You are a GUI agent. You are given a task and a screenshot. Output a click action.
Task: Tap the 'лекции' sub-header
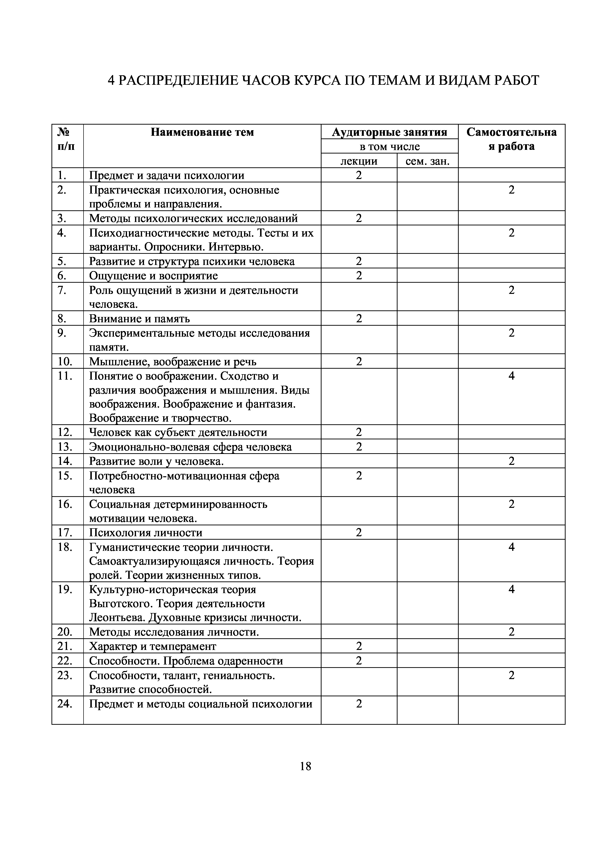359,161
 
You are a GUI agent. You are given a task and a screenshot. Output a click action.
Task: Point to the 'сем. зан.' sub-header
427,161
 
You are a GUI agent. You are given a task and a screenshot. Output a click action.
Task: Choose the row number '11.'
65,376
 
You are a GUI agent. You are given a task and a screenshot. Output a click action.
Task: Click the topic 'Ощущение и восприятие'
153,275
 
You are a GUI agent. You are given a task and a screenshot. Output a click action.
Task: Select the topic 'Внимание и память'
139,318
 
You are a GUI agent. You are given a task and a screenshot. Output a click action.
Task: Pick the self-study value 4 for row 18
511,547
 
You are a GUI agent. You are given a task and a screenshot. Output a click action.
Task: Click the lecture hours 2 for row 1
359,175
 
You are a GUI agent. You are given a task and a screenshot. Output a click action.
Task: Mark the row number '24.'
65,704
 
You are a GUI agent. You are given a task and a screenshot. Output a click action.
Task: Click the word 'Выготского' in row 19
119,604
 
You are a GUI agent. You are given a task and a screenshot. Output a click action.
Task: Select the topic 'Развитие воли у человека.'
156,461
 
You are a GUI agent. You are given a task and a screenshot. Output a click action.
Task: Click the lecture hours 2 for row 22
359,661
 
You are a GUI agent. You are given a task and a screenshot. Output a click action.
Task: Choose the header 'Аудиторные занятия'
390,132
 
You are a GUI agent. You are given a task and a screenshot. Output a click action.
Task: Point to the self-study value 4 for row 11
511,376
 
